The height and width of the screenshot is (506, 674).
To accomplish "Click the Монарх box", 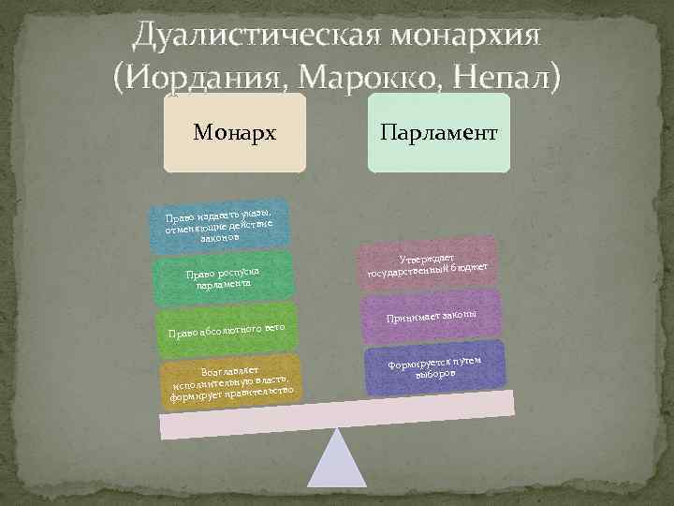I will pos(234,132).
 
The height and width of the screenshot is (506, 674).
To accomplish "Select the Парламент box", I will pos(438,132).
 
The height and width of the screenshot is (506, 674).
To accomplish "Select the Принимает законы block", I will pos(431,318).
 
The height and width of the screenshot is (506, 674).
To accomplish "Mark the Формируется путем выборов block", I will pos(435,367).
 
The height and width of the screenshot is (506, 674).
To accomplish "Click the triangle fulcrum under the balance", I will pos(337,469).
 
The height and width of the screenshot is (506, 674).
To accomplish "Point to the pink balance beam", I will pos(337,413).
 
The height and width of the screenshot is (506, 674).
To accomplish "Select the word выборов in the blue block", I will pos(435,373).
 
